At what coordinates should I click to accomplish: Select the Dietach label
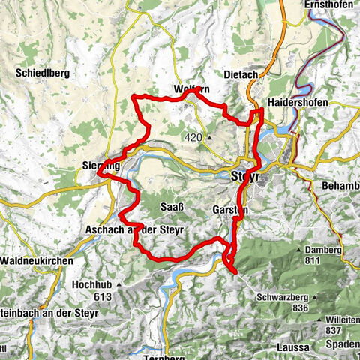pyautogui.click(x=241, y=74)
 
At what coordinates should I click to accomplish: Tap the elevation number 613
pyautogui.click(x=102, y=296)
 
